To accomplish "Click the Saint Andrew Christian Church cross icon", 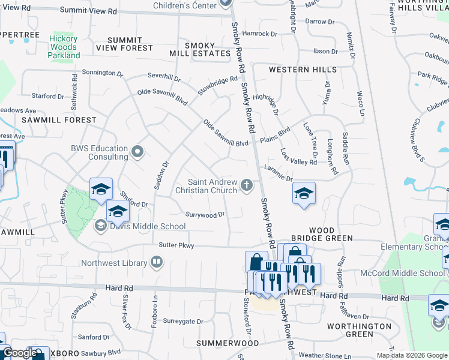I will pos(247,186).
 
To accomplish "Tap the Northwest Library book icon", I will pos(156,262).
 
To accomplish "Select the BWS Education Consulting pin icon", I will pos(137,152).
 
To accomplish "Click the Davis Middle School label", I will pos(147,226).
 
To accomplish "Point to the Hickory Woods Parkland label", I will pos(63,47).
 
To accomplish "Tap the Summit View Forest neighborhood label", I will pos(126,44).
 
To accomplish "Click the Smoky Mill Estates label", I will pos(208,49).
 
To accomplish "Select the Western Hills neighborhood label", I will pos(303,70).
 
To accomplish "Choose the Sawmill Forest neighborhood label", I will pos(59,120).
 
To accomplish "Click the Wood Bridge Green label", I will pos(330,234).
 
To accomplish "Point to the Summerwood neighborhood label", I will pos(228,343).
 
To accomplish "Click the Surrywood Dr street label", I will pos(205,214).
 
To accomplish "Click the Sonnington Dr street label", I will pos(103,73).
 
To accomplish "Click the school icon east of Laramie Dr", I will pos(304,193).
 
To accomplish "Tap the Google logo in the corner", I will pos(20,353).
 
